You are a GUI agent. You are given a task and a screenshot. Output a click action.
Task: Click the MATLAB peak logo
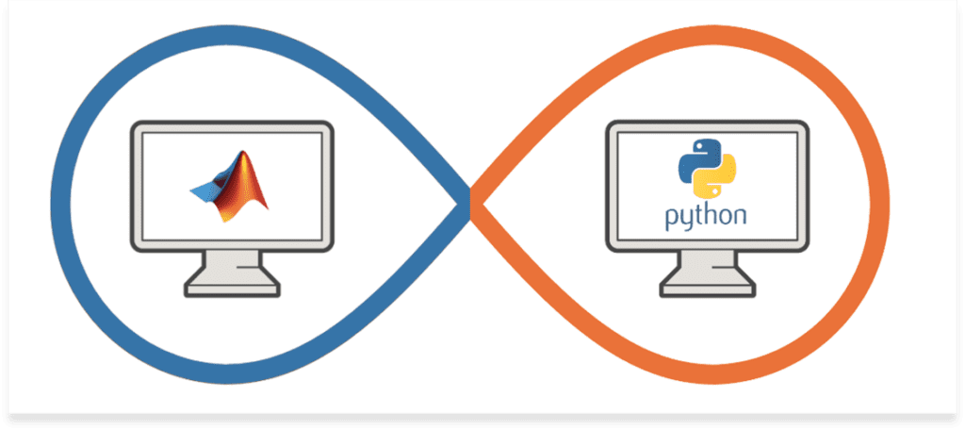229,186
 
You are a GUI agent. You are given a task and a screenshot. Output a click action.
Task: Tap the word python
707,216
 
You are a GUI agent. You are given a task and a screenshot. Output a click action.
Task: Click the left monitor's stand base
233,289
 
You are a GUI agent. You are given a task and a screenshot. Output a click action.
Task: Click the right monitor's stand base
708,289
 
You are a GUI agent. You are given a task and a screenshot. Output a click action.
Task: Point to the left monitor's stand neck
233,266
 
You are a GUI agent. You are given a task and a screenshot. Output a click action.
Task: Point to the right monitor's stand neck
708,266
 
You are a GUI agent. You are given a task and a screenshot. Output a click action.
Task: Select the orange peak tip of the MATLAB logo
245,152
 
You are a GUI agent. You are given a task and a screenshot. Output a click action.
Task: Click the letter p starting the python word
671,219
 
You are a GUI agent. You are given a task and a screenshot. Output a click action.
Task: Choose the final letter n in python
741,216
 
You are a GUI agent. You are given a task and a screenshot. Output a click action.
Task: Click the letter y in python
686,220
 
